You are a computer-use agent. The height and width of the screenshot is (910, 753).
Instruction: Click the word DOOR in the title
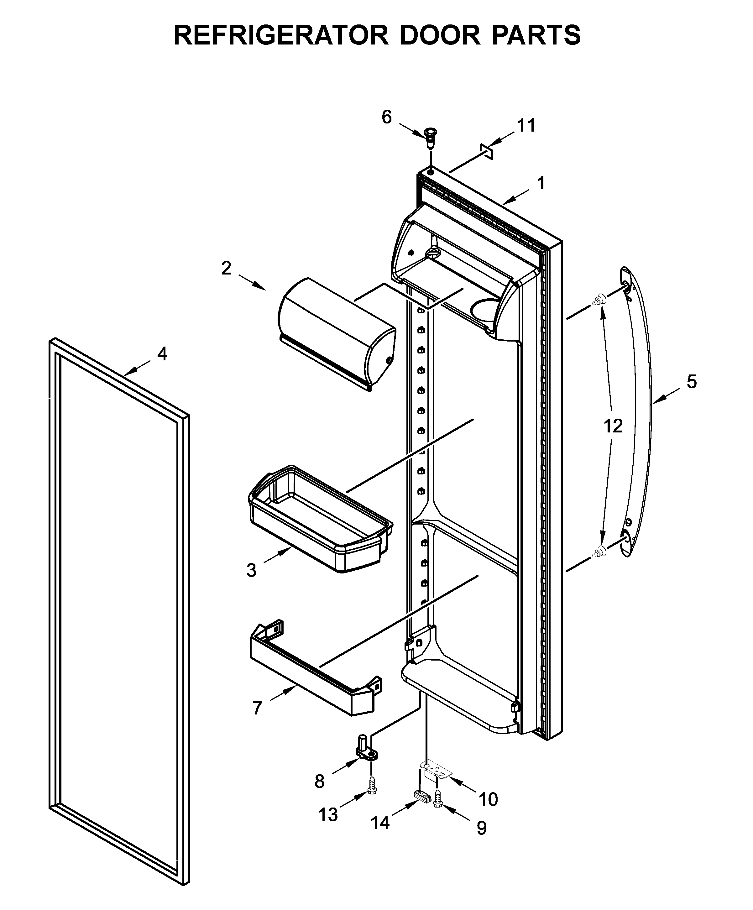tap(440, 35)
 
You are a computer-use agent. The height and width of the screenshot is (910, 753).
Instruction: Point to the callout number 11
tap(526, 126)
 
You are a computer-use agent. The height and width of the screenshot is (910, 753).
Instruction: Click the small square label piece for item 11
tap(486, 152)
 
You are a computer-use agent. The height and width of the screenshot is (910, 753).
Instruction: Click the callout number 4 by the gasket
tap(162, 354)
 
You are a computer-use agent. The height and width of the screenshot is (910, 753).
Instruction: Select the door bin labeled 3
tap(321, 520)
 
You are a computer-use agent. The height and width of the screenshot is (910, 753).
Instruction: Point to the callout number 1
tap(541, 183)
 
